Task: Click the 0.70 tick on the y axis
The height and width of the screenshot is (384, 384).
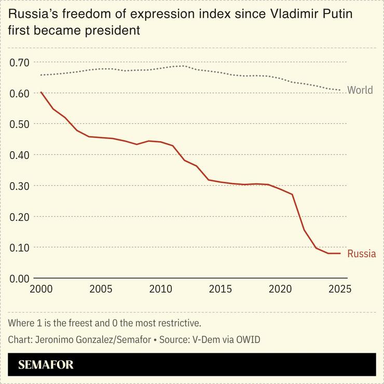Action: click(x=19, y=63)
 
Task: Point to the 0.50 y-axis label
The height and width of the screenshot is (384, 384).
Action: click(x=19, y=125)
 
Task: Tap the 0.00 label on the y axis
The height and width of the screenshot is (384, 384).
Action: click(x=19, y=279)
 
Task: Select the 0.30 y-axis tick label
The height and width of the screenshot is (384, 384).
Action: click(x=19, y=186)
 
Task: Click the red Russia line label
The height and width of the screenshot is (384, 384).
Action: click(x=361, y=254)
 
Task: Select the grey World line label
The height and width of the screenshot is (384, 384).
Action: click(x=360, y=90)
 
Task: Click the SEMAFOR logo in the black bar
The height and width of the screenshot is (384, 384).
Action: click(x=46, y=365)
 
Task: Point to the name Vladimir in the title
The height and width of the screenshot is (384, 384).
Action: click(x=295, y=14)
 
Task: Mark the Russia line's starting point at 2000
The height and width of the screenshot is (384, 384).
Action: click(x=41, y=92)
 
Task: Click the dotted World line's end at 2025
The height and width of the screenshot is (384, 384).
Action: click(x=340, y=90)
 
